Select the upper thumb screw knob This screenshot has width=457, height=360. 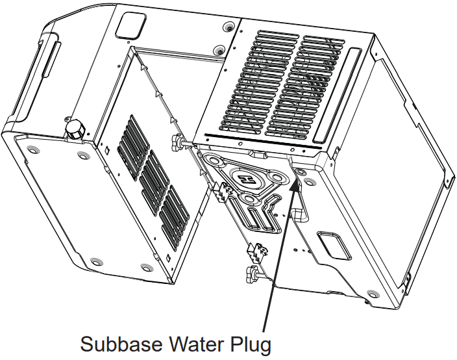click(x=177, y=142)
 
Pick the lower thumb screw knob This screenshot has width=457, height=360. click(x=251, y=273)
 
